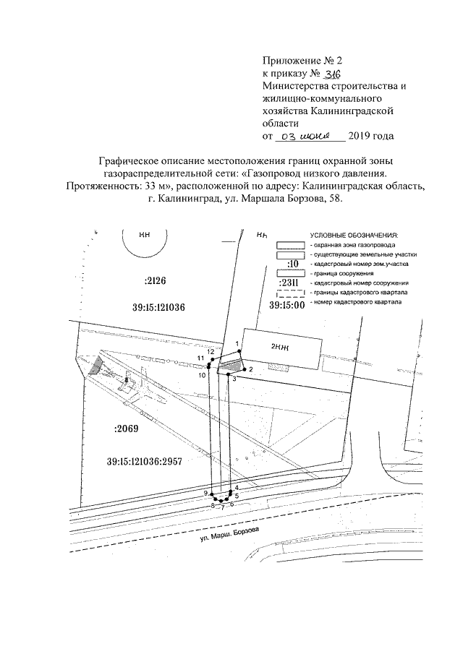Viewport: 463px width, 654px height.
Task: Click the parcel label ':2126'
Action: pyautogui.click(x=155, y=280)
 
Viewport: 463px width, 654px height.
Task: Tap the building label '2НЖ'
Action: pyautogui.click(x=280, y=347)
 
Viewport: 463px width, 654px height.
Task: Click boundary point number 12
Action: pyautogui.click(x=210, y=352)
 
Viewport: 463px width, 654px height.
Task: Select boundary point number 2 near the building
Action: pyautogui.click(x=250, y=369)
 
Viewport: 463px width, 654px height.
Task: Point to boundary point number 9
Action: pyautogui.click(x=206, y=493)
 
